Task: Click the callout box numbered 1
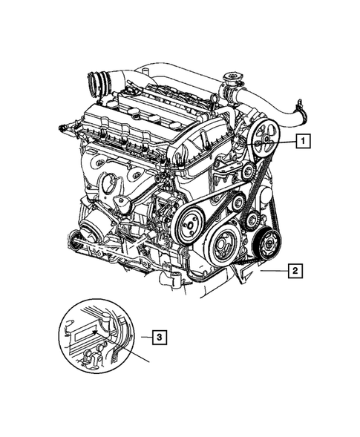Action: [303, 139]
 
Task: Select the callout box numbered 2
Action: [295, 271]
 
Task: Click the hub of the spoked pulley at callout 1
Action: [264, 141]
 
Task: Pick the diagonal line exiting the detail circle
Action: [141, 356]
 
